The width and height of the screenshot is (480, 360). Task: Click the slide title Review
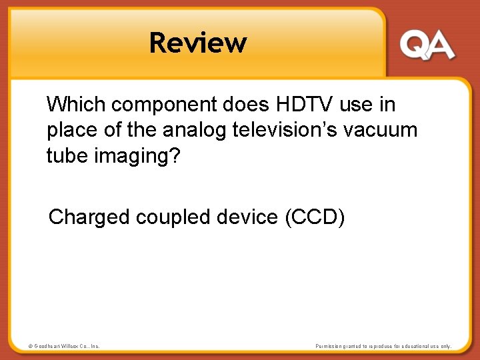point(198,43)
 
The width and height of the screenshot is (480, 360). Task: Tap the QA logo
point(427,45)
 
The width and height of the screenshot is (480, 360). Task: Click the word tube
point(61,155)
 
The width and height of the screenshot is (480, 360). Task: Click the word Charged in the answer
point(89,218)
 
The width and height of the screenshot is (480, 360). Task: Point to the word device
point(246,217)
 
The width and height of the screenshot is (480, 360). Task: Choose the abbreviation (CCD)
point(315,217)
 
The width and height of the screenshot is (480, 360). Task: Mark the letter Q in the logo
point(414,45)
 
